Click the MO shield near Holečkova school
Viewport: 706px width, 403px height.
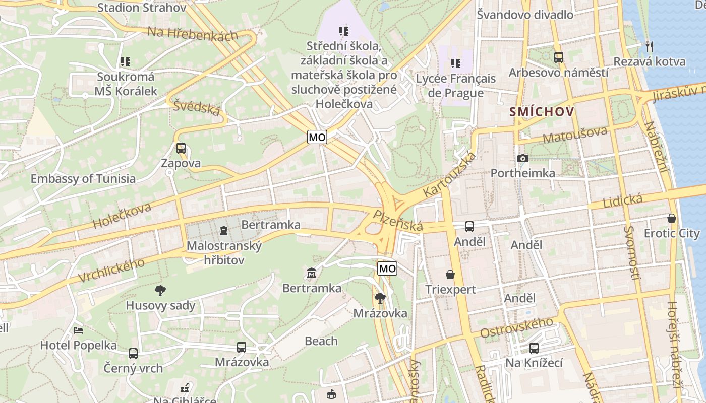tap(317, 137)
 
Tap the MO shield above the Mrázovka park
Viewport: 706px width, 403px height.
tap(387, 268)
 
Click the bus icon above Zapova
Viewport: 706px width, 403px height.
tap(181, 148)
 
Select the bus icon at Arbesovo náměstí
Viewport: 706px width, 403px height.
tap(558, 57)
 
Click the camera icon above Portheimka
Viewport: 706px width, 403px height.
tap(523, 159)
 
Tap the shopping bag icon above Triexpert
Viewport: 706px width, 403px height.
tap(450, 275)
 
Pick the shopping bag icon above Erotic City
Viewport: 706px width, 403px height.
tap(671, 218)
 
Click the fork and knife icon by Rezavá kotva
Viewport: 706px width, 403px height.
tap(650, 46)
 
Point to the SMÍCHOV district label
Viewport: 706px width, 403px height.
tap(542, 111)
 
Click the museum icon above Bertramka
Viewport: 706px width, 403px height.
tap(312, 273)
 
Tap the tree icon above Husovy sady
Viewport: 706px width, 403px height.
tap(160, 290)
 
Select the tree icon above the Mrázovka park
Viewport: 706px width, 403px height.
tap(380, 298)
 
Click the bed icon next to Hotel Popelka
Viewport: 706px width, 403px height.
tap(78, 330)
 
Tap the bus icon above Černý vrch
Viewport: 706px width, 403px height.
tap(133, 353)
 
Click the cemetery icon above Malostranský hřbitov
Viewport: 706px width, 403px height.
tap(224, 231)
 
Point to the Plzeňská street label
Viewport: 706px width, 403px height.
tap(398, 221)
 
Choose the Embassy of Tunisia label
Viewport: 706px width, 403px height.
tap(83, 178)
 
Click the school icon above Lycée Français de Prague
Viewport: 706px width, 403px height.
tap(456, 63)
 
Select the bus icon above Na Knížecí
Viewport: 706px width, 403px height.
tap(534, 348)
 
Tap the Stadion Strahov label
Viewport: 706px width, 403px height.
tap(142, 7)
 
